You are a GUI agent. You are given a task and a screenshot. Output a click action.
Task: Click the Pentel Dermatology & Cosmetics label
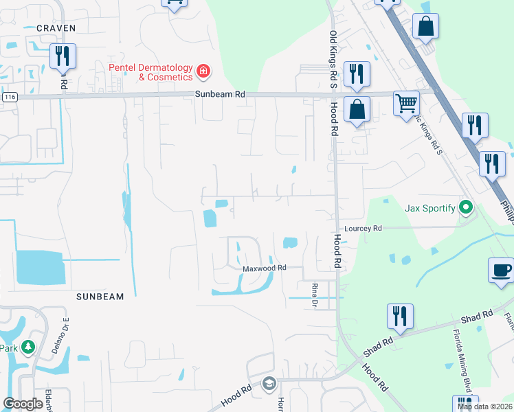tap(150, 72)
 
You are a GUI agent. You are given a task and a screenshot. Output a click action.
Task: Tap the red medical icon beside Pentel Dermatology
tap(203, 71)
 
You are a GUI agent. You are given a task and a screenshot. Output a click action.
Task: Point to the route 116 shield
tap(9, 98)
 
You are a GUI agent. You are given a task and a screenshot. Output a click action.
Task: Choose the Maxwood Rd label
tap(262, 268)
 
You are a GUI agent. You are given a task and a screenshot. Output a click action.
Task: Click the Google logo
tap(23, 404)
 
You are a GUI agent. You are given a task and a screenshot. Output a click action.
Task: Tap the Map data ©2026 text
tap(485, 407)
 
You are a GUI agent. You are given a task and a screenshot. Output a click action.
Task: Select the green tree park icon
tap(28, 347)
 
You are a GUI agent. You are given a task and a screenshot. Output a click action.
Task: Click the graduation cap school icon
tap(269, 383)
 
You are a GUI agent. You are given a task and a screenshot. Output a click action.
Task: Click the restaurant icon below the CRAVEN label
tap(63, 57)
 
